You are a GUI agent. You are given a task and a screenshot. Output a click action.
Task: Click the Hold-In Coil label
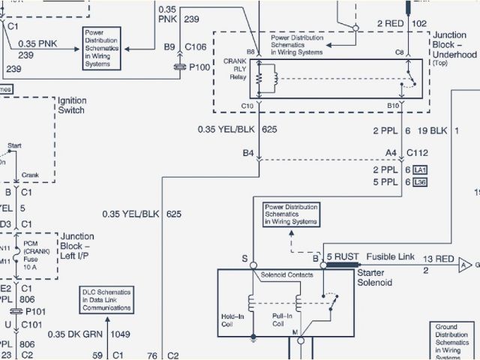(x=233, y=320)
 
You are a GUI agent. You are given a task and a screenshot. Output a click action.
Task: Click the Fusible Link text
(x=395, y=256)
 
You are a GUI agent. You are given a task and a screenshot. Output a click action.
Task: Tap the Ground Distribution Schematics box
(x=454, y=342)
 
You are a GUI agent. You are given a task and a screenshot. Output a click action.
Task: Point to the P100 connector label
(x=199, y=66)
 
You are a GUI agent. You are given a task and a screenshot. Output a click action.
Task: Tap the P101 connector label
(x=35, y=310)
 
